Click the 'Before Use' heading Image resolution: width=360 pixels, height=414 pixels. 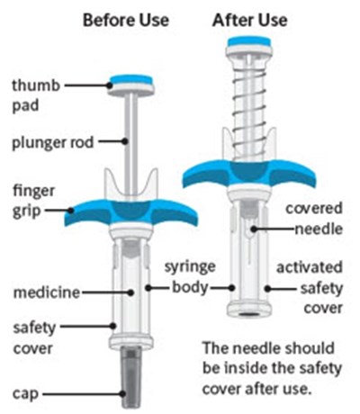[126, 21]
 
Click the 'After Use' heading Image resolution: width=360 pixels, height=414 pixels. [250, 21]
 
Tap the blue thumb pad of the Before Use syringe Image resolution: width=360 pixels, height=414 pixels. [131, 80]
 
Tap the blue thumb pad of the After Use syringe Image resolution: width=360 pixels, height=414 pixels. [249, 41]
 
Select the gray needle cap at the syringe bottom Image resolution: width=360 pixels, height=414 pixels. [131, 376]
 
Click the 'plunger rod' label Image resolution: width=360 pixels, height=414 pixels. [53, 143]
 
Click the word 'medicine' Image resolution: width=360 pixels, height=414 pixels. [47, 292]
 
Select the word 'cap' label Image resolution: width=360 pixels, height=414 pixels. [26, 394]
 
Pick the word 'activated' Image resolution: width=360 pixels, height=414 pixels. [310, 267]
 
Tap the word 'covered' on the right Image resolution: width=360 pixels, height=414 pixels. [314, 208]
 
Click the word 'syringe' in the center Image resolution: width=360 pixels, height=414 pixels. [190, 267]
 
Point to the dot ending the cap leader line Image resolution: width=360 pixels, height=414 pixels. [122, 393]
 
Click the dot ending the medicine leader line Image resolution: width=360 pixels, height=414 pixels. [130, 292]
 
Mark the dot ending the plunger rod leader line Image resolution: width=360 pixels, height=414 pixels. [125, 141]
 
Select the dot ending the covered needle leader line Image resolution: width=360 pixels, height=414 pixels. [254, 229]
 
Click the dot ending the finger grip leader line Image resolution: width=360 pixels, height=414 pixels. [71, 211]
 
